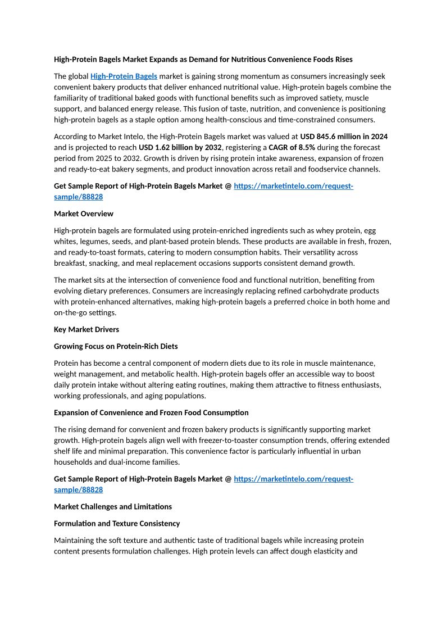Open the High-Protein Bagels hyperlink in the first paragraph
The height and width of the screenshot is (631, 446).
[124, 76]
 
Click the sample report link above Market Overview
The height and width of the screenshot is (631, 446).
[293, 186]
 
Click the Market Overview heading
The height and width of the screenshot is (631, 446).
[83, 214]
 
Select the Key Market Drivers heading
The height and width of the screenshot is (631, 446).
[86, 329]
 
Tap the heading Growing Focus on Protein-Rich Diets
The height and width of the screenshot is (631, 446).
[116, 346]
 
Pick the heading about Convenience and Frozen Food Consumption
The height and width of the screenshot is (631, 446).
[151, 412]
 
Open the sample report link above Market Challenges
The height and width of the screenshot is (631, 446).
[293, 479]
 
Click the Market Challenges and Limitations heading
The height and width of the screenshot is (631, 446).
[112, 506]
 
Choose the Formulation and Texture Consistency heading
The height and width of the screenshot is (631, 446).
[117, 523]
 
